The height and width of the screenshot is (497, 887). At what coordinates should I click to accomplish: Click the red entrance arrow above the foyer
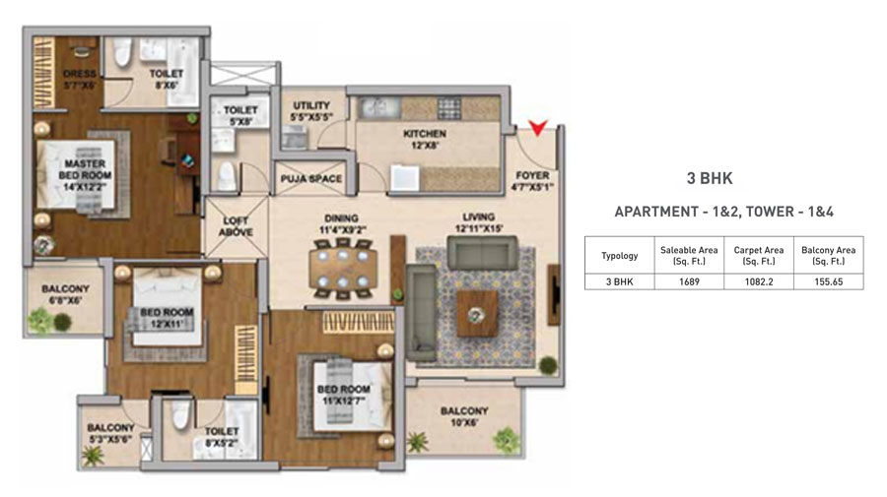pyautogui.click(x=537, y=127)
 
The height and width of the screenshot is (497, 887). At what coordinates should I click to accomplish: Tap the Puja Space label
pyautogui.click(x=311, y=178)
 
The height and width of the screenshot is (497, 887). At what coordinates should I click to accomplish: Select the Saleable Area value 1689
pyautogui.click(x=689, y=281)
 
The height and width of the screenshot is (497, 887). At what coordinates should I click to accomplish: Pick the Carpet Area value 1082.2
pyautogui.click(x=759, y=281)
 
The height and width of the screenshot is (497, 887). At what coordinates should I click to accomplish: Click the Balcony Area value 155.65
pyautogui.click(x=828, y=281)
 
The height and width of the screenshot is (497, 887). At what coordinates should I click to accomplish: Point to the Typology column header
pyautogui.click(x=620, y=256)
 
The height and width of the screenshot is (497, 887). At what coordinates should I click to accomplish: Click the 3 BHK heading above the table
pyautogui.click(x=710, y=178)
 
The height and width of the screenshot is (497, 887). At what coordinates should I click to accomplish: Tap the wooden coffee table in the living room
pyautogui.click(x=477, y=313)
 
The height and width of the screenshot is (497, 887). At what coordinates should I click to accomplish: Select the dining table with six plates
pyautogui.click(x=343, y=269)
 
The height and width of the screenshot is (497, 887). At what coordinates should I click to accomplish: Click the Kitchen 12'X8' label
pyautogui.click(x=425, y=139)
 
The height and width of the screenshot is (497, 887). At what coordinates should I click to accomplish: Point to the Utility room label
pyautogui.click(x=311, y=110)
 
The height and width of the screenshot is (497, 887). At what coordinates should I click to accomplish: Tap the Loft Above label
pyautogui.click(x=236, y=226)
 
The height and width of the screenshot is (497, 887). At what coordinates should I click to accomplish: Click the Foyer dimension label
pyautogui.click(x=532, y=181)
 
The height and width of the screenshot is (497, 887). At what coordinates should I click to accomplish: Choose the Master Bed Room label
pyautogui.click(x=85, y=175)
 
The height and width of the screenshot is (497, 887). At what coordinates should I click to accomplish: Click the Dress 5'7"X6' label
pyautogui.click(x=79, y=79)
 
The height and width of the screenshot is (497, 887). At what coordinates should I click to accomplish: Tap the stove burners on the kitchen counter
pyautogui.click(x=449, y=107)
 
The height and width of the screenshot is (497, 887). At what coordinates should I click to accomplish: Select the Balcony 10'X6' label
pyautogui.click(x=464, y=416)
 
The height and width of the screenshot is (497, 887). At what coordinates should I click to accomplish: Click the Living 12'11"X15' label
pyautogui.click(x=479, y=222)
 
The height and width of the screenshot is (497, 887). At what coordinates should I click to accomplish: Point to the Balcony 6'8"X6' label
pyautogui.click(x=65, y=294)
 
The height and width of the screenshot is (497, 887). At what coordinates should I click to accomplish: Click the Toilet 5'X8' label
pyautogui.click(x=240, y=115)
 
